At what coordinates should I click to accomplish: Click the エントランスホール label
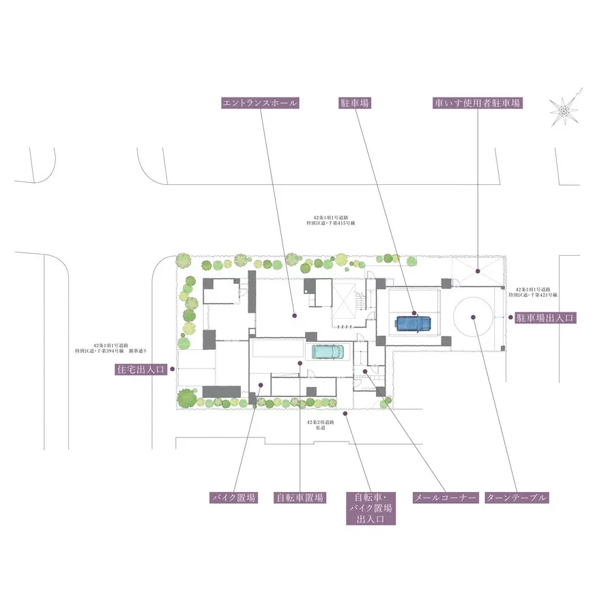tap(261, 103)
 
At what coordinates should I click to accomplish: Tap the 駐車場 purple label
tap(355, 103)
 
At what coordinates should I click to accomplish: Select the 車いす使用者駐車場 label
tap(478, 103)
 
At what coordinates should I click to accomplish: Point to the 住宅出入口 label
tap(141, 369)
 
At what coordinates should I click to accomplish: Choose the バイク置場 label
tap(233, 497)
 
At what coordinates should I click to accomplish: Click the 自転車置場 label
tap(300, 497)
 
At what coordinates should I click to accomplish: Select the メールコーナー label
tap(444, 497)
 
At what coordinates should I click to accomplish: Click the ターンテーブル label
tap(517, 497)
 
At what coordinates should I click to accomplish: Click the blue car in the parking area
tap(413, 323)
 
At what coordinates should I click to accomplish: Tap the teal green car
tap(329, 351)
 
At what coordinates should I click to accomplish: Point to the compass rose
tap(566, 108)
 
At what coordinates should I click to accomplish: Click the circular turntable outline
tap(472, 317)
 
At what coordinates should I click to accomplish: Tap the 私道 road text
tap(319, 428)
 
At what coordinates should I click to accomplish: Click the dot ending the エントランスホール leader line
tap(294, 316)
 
